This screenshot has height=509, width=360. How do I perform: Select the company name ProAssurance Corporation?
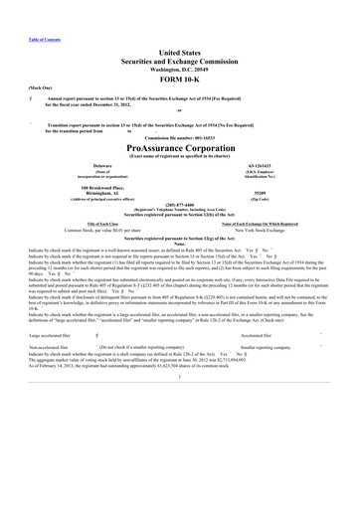coord(180,144)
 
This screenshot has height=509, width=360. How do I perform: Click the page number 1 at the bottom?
coord(180,378)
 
